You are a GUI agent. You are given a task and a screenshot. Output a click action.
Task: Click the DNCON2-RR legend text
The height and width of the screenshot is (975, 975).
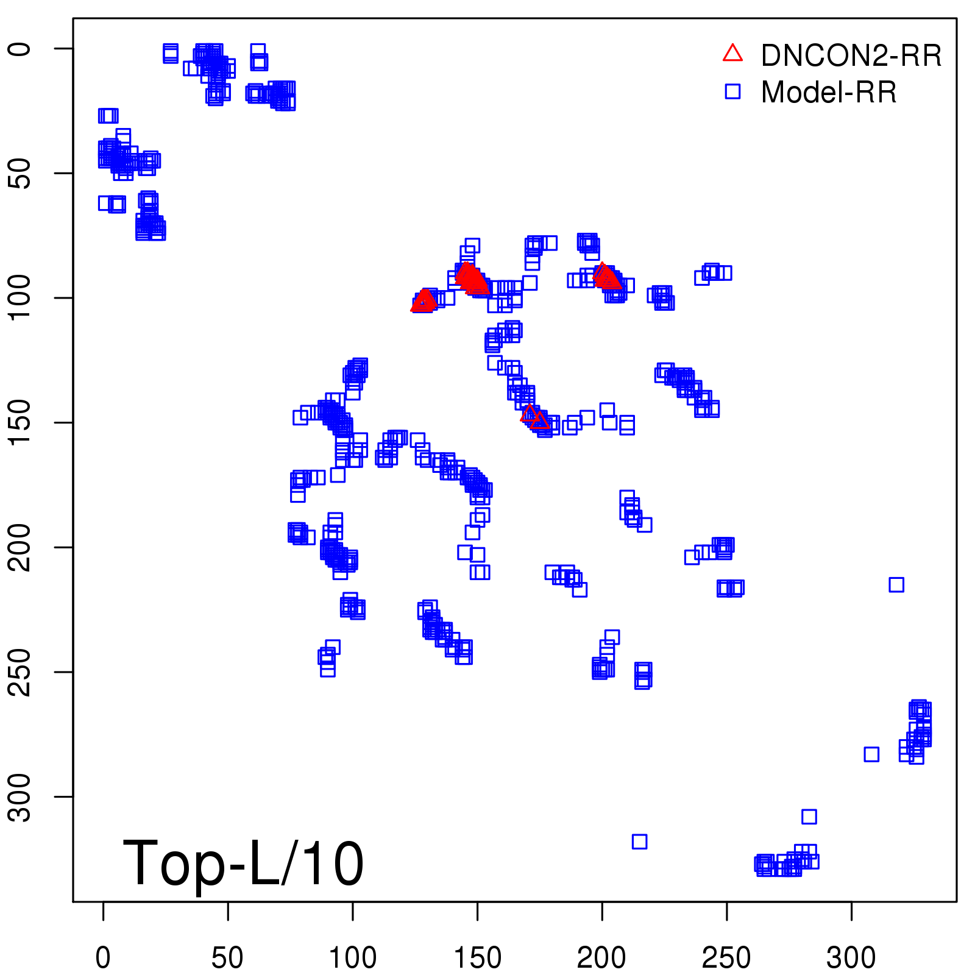(x=851, y=55)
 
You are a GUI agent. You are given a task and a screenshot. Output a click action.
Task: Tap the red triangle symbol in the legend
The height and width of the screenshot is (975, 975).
(x=732, y=54)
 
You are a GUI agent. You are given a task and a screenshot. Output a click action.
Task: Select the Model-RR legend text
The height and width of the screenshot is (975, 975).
(x=829, y=93)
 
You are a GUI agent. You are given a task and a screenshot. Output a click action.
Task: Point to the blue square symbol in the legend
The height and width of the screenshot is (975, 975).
(x=732, y=91)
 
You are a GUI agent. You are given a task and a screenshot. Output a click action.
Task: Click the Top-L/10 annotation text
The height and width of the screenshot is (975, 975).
(x=243, y=863)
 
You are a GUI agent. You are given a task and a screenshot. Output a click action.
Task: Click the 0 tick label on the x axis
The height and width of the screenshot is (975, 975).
(x=103, y=957)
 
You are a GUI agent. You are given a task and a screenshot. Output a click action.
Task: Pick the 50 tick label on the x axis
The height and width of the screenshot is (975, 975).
(x=227, y=957)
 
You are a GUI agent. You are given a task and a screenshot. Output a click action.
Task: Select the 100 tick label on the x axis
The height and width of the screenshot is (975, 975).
(x=352, y=957)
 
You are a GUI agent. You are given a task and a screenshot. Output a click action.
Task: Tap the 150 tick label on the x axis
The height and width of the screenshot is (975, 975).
(x=477, y=957)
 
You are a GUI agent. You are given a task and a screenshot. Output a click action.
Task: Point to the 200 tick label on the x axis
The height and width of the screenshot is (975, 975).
(x=601, y=957)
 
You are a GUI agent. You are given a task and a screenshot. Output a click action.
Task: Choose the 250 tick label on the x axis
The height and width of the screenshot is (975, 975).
(x=726, y=957)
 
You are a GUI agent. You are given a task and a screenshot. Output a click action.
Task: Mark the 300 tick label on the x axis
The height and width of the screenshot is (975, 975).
(x=851, y=957)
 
